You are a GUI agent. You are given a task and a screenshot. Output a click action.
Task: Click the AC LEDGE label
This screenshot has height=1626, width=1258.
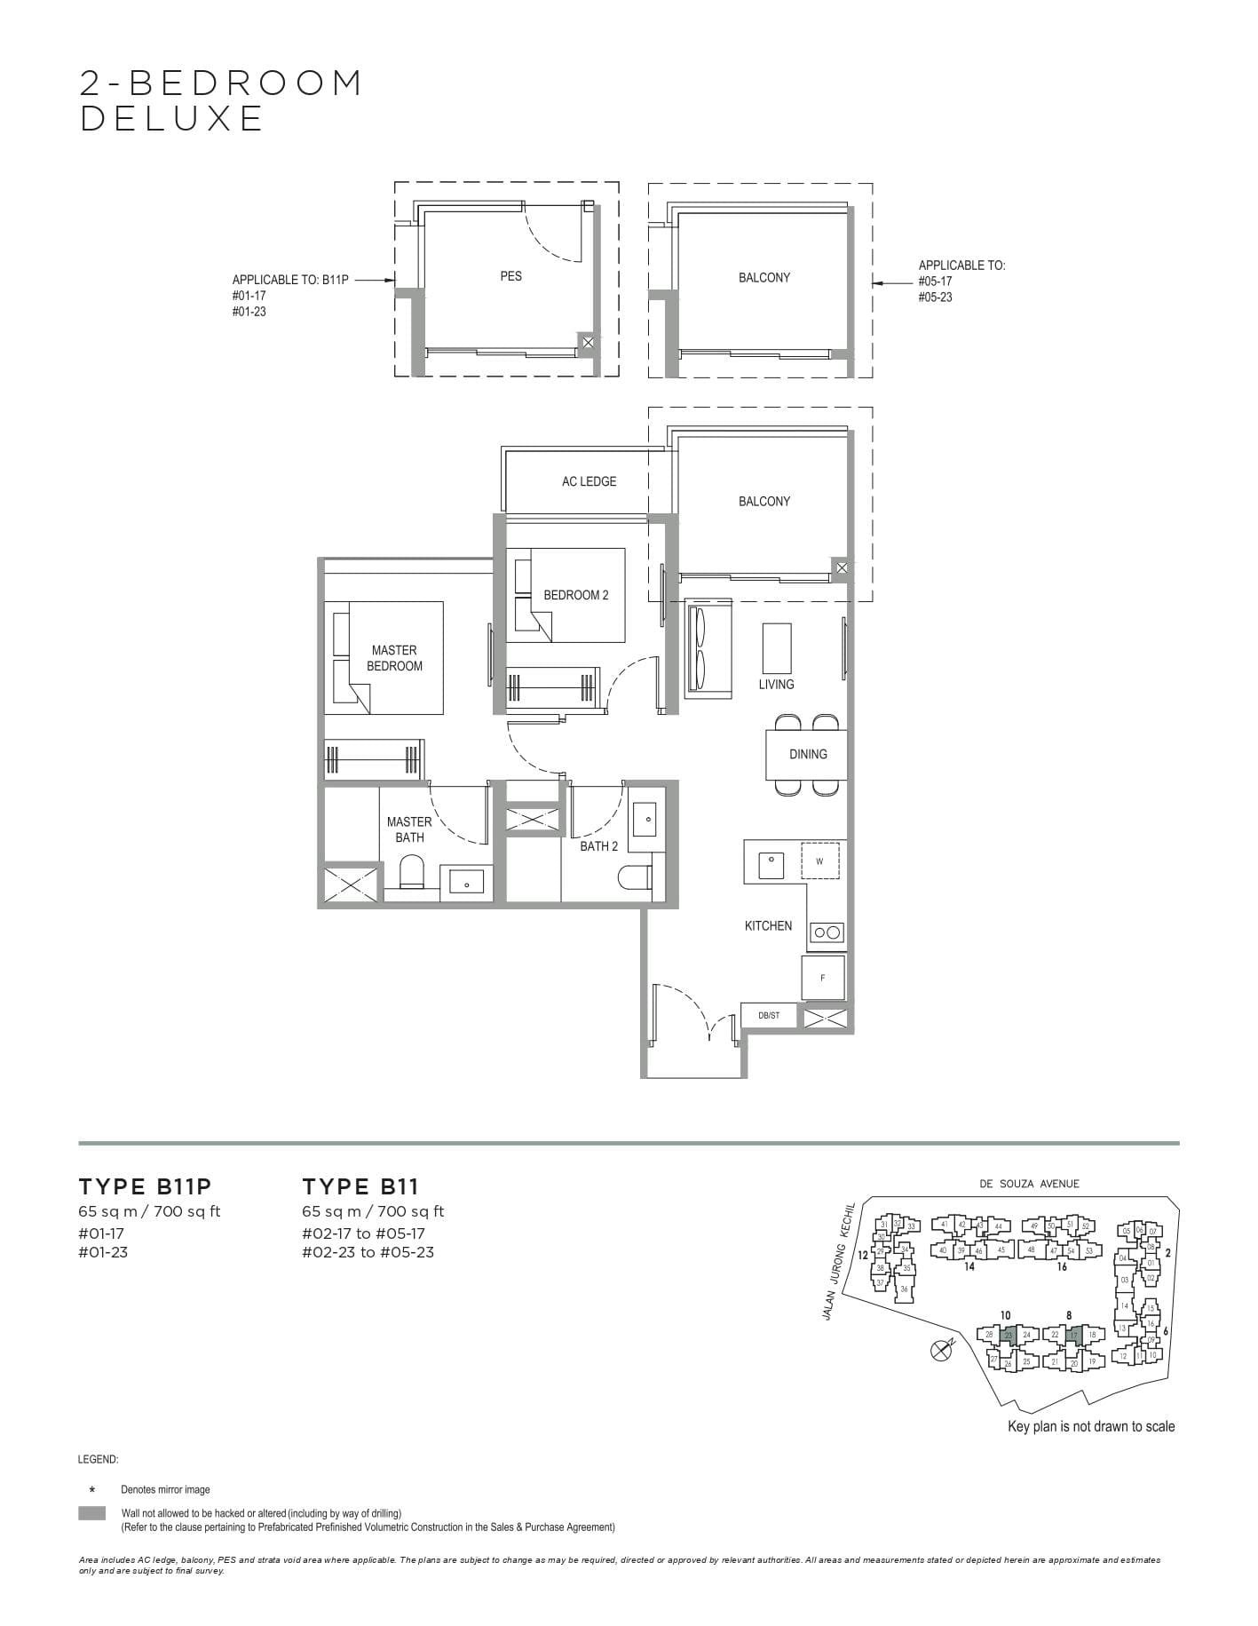pos(589,481)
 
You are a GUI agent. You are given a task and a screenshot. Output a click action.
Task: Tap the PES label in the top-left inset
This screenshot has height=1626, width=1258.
pos(511,276)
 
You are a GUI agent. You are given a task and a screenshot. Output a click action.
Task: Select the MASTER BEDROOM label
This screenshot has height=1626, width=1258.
pos(394,658)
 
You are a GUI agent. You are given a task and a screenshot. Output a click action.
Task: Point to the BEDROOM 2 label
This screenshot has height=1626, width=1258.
pos(576,595)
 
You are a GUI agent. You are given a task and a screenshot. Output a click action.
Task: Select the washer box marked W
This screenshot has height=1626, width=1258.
pos(819,861)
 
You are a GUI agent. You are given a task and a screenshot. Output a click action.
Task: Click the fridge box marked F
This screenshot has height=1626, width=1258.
pos(823,978)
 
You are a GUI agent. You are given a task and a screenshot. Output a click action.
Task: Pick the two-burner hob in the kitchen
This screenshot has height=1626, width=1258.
pos(827,932)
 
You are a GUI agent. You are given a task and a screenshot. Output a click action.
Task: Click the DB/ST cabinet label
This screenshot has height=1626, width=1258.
pos(769,1015)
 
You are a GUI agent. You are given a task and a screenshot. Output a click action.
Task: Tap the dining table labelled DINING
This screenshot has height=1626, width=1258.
pos(807,754)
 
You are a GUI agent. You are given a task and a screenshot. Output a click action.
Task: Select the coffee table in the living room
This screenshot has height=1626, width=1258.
pos(776,648)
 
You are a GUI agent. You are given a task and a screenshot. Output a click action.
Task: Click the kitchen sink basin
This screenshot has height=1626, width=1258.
pos(771,861)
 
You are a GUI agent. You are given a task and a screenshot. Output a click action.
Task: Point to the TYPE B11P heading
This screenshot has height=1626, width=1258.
pos(145,1186)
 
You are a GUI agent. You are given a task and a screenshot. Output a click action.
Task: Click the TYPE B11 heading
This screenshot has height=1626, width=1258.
pos(360,1186)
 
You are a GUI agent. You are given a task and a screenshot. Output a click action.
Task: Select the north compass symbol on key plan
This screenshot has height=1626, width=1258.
pos(940,1351)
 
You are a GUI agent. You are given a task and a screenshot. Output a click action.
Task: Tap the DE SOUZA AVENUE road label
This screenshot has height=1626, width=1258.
pos(1029,1183)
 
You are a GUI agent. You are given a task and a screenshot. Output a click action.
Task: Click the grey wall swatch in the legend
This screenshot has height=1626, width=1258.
pos(92,1513)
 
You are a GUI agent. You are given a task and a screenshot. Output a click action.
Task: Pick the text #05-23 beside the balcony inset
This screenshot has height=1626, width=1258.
pos(935,297)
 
